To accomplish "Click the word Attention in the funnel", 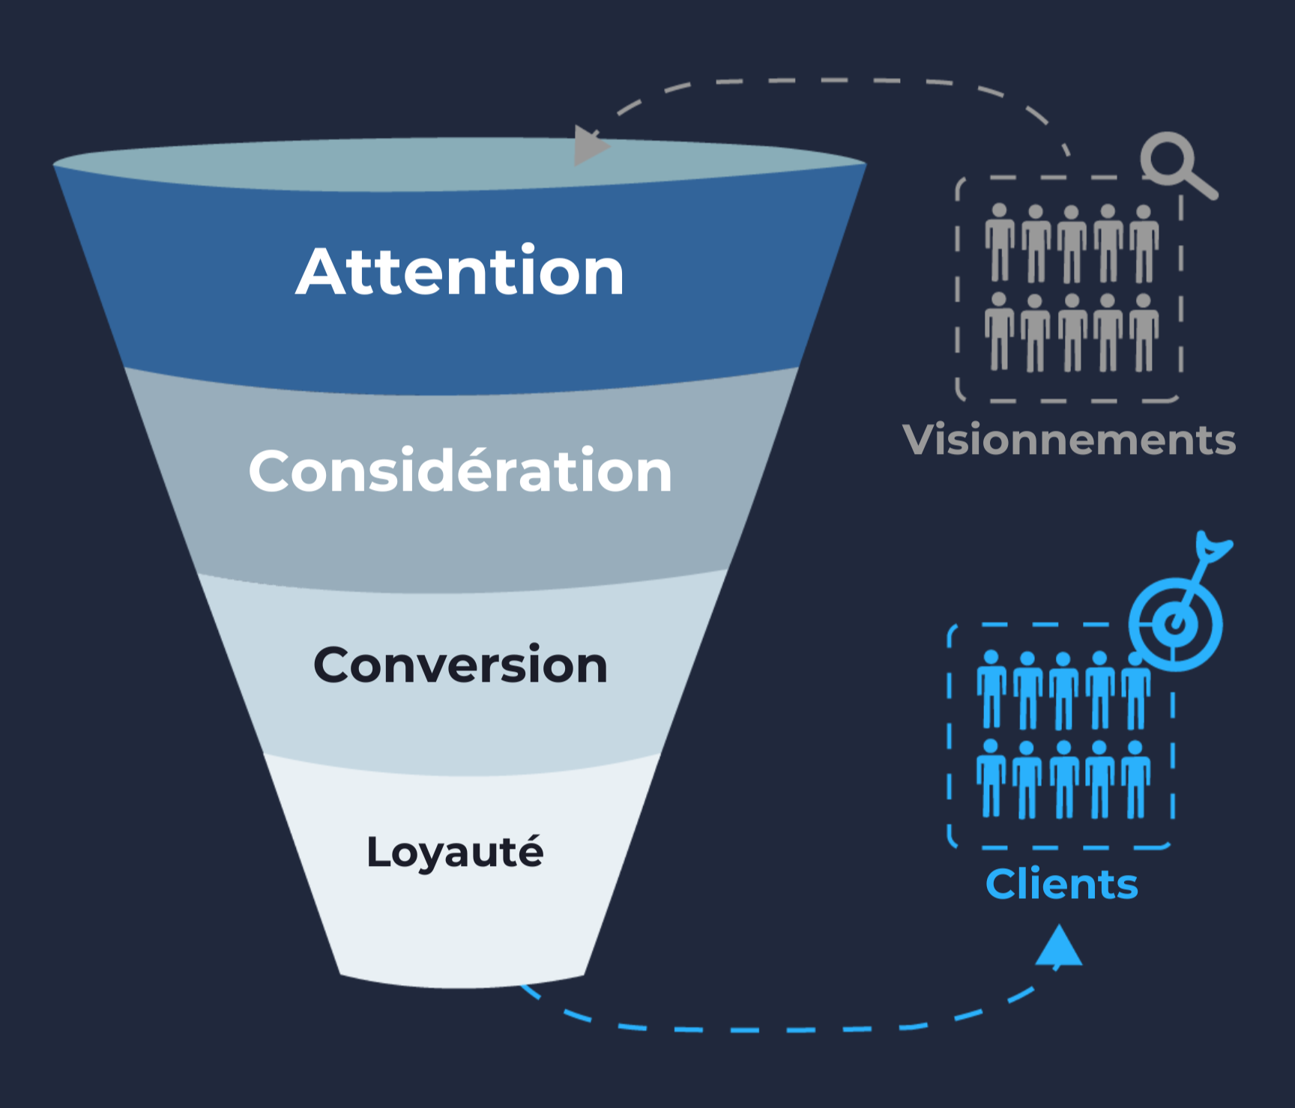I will coord(460,271).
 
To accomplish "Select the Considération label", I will coord(460,471).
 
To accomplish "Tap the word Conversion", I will coord(460,665).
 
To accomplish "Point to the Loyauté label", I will coord(455,853).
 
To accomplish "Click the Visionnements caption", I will coord(1069,440).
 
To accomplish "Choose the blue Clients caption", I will coord(1061,885).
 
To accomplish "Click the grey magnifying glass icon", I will coord(1174,163).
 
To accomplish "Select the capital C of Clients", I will coord(1003,885).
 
